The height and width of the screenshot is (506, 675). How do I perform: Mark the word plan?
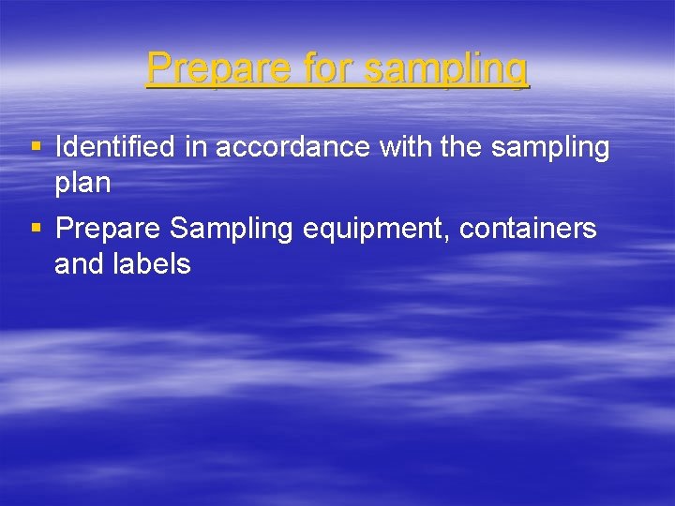tap(82, 184)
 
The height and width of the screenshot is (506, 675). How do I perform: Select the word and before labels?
tap(80, 264)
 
